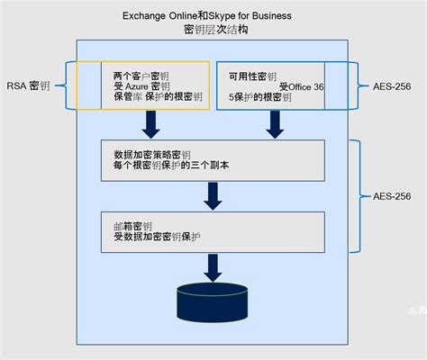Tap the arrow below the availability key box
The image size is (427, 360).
coord(275,124)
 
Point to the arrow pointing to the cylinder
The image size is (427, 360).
coord(213,266)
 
